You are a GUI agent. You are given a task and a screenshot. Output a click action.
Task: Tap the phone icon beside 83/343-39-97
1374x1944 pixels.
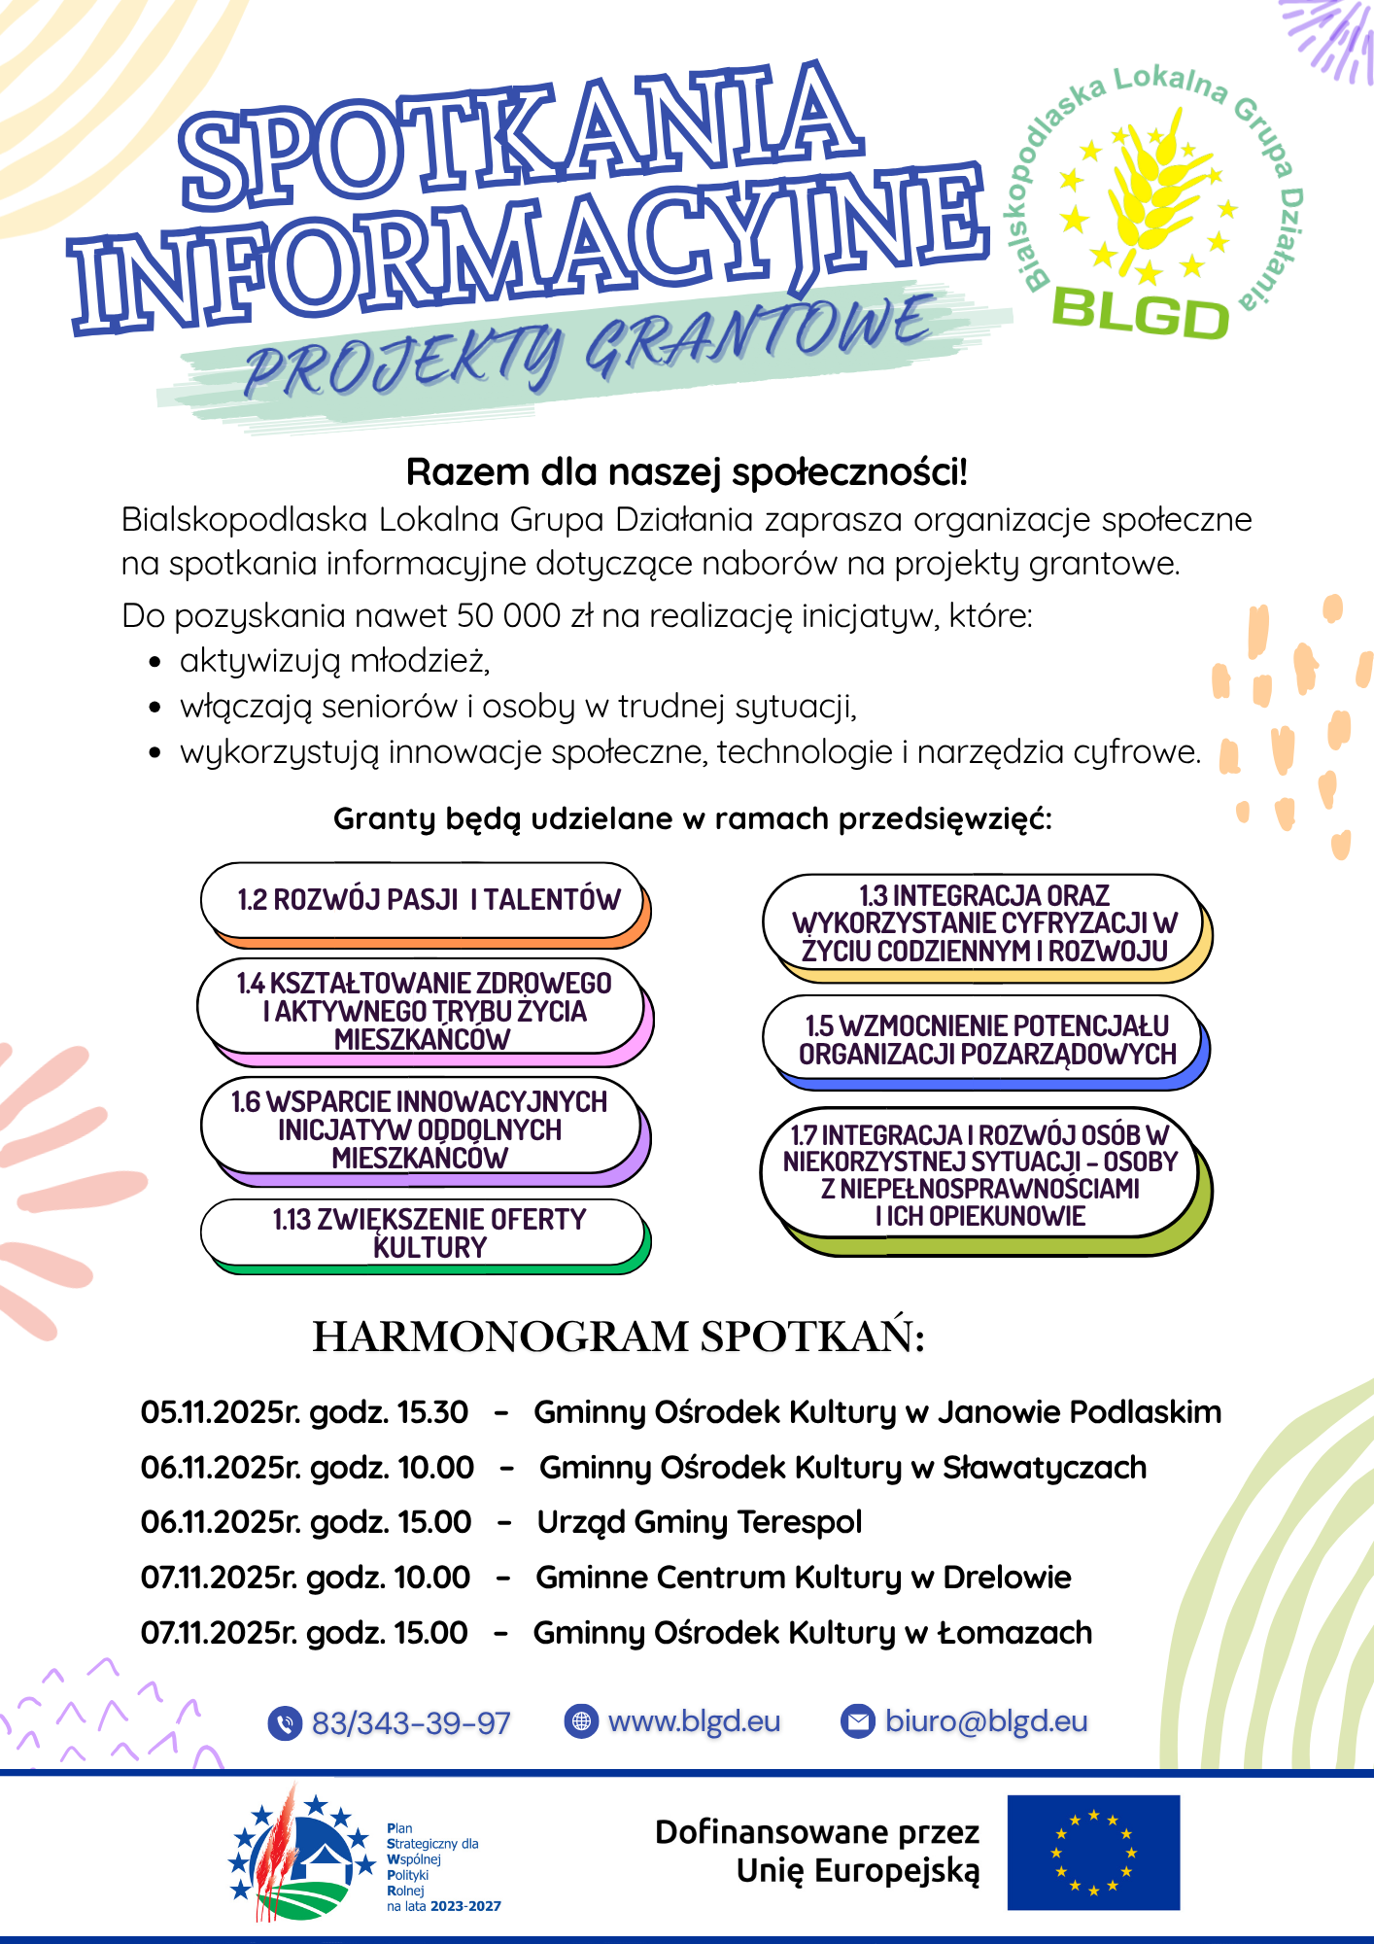tap(284, 1723)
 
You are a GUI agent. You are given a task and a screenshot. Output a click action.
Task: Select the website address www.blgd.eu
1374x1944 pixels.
tap(694, 1721)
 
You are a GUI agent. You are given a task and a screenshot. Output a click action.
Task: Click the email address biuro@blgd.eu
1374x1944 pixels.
tap(985, 1721)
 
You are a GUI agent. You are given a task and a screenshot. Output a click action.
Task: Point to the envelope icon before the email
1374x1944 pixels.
tap(857, 1721)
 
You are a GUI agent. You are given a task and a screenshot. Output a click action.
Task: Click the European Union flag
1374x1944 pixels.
tap(1093, 1853)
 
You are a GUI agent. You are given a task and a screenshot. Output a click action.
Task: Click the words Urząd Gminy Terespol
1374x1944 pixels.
tap(699, 1522)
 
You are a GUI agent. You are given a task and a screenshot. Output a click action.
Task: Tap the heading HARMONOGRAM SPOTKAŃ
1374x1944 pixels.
tap(618, 1336)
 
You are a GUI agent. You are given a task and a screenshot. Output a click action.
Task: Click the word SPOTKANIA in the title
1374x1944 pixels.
tap(520, 136)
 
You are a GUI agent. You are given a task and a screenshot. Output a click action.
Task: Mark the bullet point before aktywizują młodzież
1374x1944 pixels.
tap(155, 663)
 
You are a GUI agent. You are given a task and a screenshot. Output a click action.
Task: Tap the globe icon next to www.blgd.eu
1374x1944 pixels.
tap(581, 1721)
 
